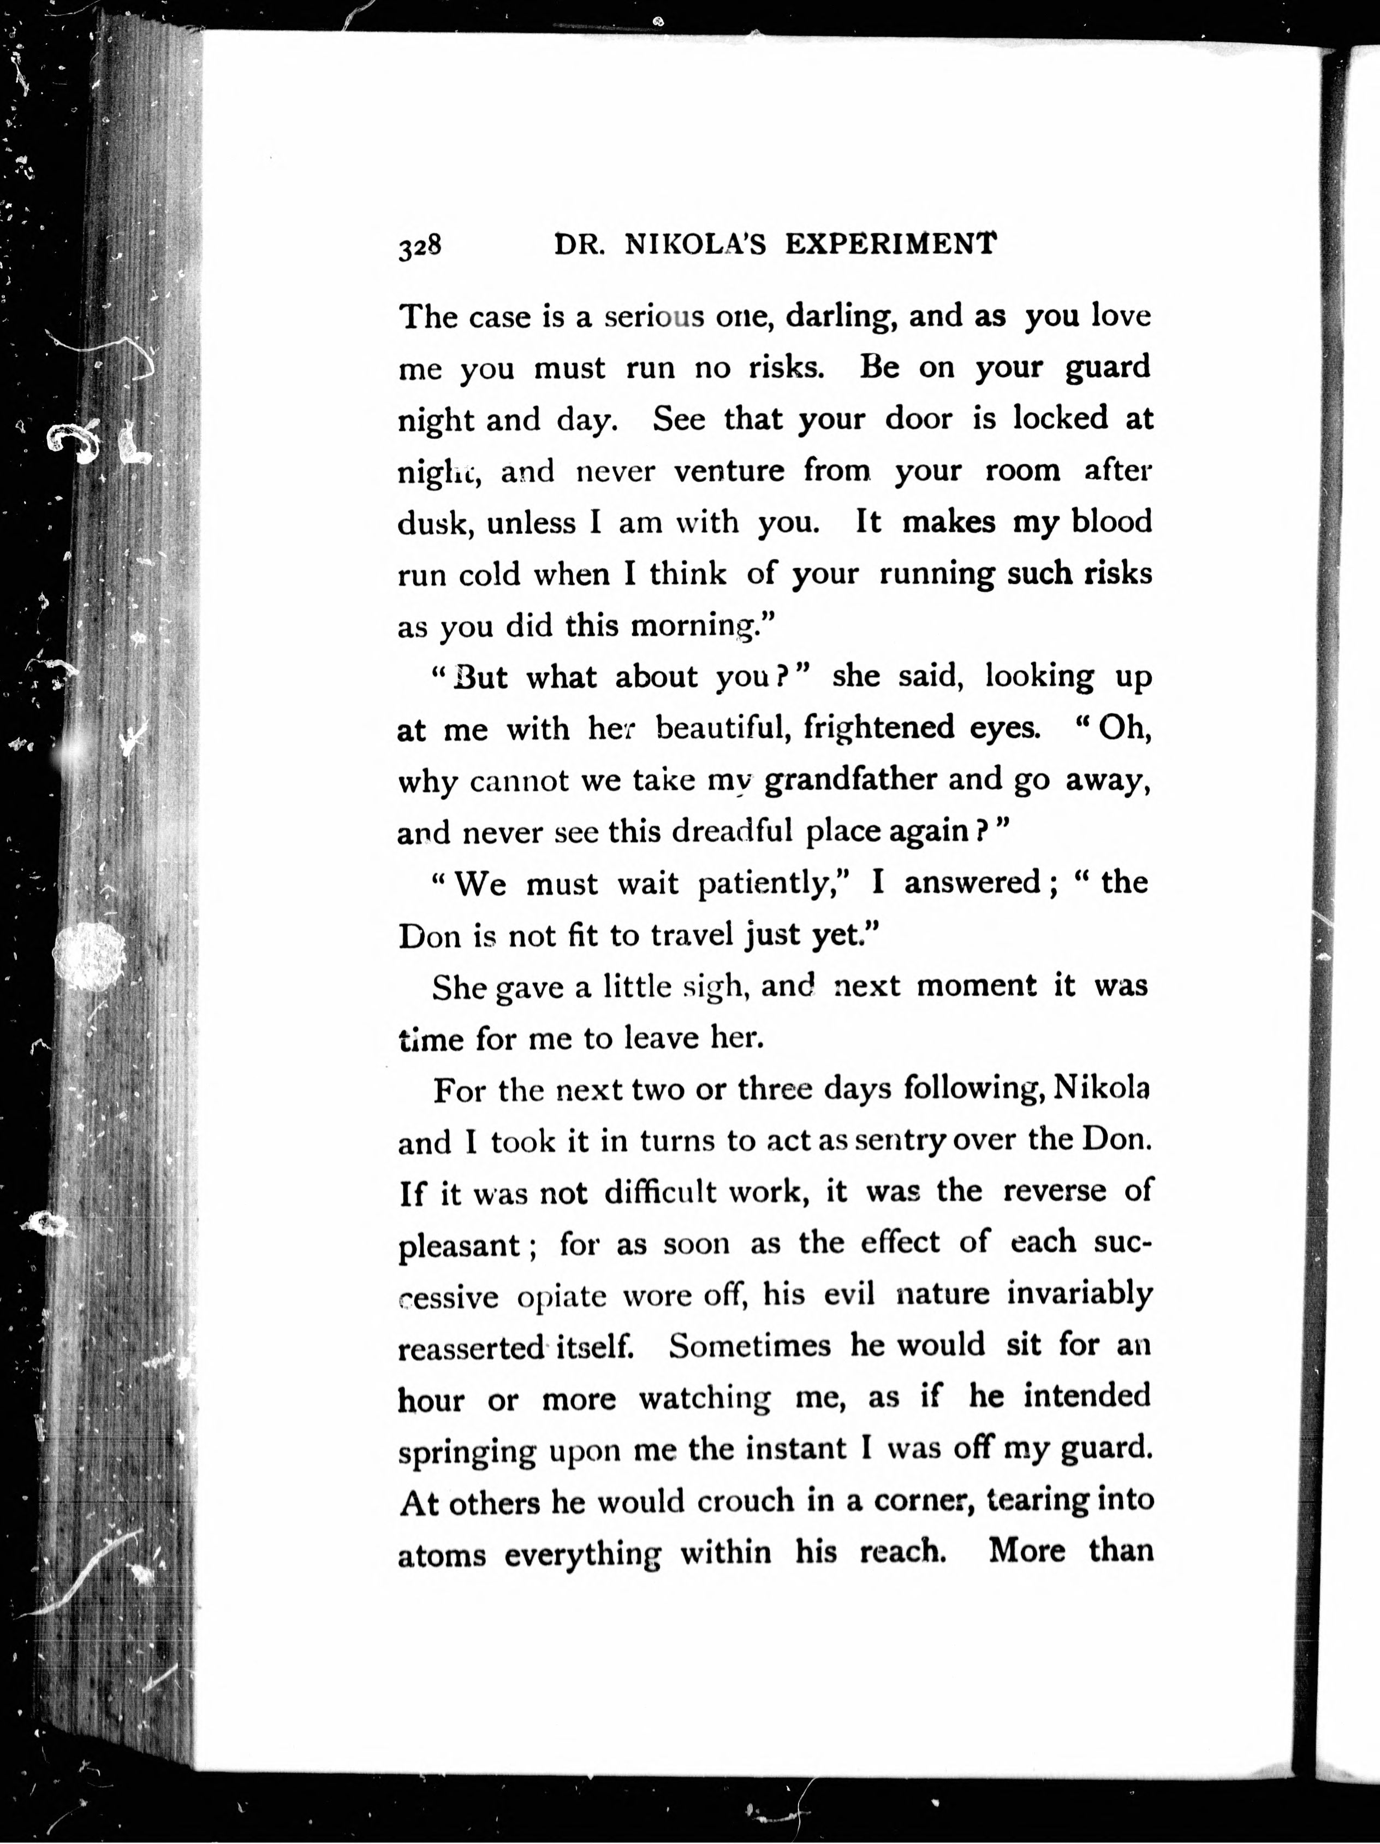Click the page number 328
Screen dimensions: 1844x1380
419,247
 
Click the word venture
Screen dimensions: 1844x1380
728,472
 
